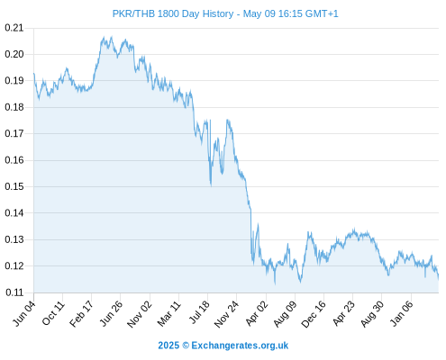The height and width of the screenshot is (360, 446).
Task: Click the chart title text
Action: coord(225,13)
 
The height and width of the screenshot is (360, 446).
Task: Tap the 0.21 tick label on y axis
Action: coord(14,28)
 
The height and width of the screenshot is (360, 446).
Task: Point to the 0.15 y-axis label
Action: coord(14,186)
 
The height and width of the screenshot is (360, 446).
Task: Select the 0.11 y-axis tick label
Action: coord(14,292)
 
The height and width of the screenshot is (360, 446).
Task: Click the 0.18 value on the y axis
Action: coord(14,107)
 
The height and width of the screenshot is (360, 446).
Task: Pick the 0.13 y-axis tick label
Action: coord(14,239)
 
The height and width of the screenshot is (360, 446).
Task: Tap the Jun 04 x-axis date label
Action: coord(24,313)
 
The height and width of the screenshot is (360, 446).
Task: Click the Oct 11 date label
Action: coord(53,313)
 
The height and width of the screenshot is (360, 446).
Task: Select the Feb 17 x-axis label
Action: coord(82,314)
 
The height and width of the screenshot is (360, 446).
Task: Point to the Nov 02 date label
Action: coord(140,314)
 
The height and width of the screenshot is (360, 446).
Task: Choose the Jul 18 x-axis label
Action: coord(199,312)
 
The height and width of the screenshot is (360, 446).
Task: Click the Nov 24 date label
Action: coord(227,314)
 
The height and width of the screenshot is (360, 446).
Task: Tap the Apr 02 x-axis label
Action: coord(256,313)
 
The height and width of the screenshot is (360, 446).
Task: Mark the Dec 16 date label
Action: coord(314,314)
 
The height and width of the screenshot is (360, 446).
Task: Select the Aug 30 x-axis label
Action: coord(372,314)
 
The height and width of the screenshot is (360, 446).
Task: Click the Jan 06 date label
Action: coord(402,313)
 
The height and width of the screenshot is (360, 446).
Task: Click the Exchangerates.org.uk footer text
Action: coord(240,346)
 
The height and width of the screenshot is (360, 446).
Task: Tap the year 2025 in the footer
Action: coord(168,346)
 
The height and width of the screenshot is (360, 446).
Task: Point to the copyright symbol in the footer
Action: coord(186,346)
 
